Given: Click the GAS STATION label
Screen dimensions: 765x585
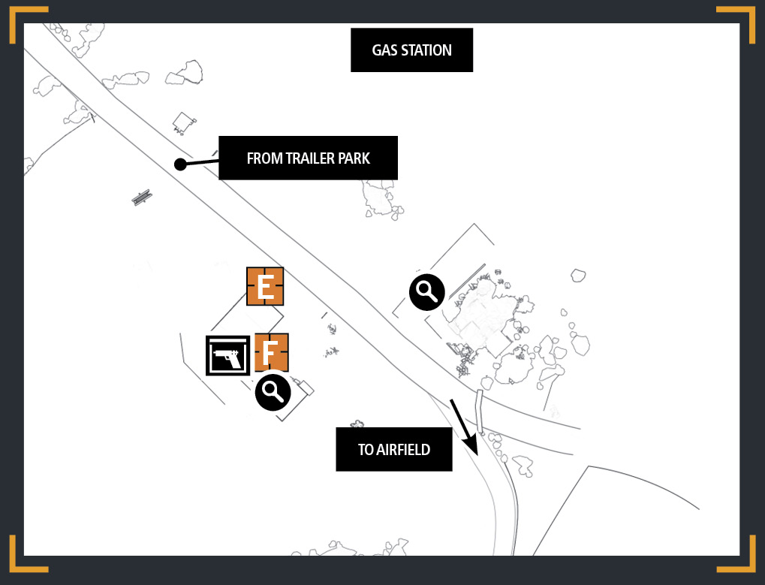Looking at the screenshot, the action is click(x=411, y=50).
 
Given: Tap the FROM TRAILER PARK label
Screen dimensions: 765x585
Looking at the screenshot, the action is click(x=308, y=158).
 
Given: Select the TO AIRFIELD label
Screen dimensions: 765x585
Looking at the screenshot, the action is click(x=393, y=449).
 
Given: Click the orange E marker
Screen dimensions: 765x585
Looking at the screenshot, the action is click(x=265, y=286).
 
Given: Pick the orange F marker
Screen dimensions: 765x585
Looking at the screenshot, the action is click(x=271, y=352).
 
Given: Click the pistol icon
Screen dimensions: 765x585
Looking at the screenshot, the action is click(x=227, y=356).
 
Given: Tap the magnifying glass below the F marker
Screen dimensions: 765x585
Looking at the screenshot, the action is click(x=273, y=392).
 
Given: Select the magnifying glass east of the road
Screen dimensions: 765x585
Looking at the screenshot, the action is click(x=427, y=292).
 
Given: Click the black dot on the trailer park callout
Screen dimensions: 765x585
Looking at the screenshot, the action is click(x=180, y=164).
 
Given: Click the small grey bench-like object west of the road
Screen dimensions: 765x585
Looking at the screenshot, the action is click(x=142, y=198).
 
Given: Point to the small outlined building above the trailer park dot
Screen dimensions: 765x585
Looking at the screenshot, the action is click(x=184, y=122).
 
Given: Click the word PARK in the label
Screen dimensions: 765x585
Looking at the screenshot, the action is click(x=354, y=158).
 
